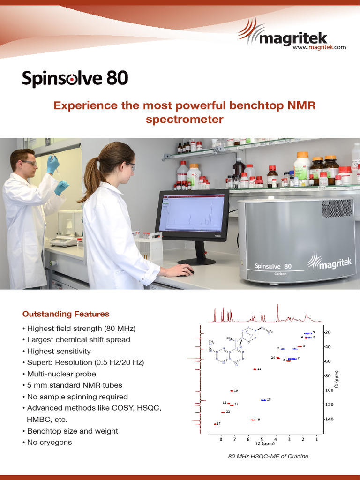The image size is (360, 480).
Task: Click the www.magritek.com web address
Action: click(x=319, y=47)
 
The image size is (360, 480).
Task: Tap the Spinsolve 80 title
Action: click(x=75, y=79)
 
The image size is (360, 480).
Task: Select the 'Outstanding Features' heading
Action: click(x=66, y=314)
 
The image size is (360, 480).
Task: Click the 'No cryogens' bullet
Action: click(x=49, y=442)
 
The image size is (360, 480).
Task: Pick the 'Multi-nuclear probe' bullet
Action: click(x=61, y=374)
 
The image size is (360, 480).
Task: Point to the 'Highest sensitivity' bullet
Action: click(x=59, y=351)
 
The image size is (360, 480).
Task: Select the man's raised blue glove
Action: click(x=53, y=164)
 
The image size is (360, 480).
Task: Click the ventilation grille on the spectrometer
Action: click(x=337, y=207)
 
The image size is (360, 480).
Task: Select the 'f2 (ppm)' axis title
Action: click(x=265, y=443)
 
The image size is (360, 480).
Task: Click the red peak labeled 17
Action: click(x=215, y=424)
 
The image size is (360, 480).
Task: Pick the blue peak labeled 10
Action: click(x=263, y=400)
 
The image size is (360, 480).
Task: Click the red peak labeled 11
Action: click(x=255, y=369)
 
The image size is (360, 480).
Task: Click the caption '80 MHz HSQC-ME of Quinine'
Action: click(x=268, y=456)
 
